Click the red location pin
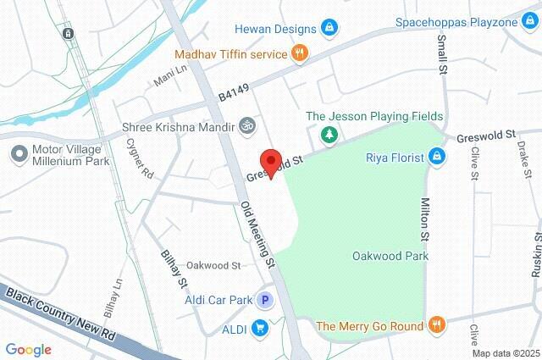270,162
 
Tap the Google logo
28,350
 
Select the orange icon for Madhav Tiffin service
298,54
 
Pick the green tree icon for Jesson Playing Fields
329,134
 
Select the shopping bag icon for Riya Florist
436,156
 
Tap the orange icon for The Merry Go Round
436,325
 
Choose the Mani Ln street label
169,79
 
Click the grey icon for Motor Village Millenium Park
17,155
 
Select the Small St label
442,56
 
